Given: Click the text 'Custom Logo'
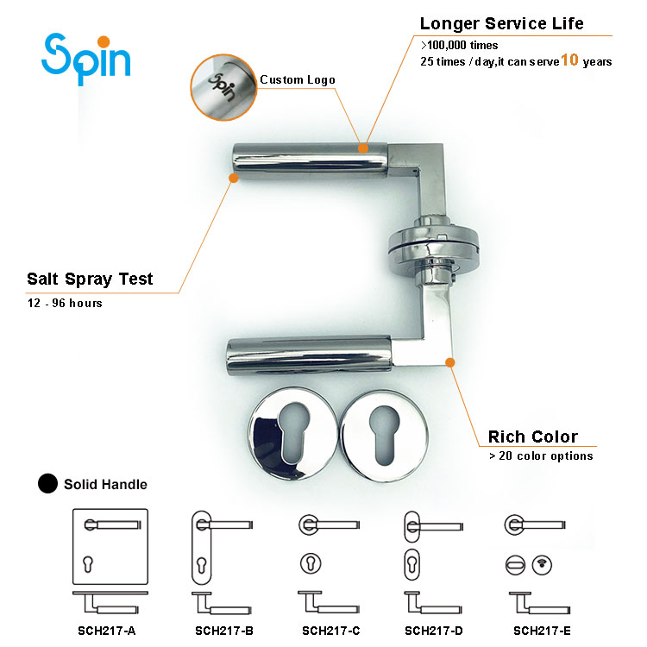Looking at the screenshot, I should tap(298, 80).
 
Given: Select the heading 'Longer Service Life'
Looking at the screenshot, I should tap(503, 23).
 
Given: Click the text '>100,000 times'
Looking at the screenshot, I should tap(459, 44).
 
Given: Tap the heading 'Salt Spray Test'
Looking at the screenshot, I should tap(90, 279).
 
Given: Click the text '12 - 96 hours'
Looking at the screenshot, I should tap(65, 304).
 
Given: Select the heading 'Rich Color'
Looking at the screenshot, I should tap(532, 437).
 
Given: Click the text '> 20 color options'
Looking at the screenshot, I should tap(540, 456).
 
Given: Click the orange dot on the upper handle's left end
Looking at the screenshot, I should tap(233, 179).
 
